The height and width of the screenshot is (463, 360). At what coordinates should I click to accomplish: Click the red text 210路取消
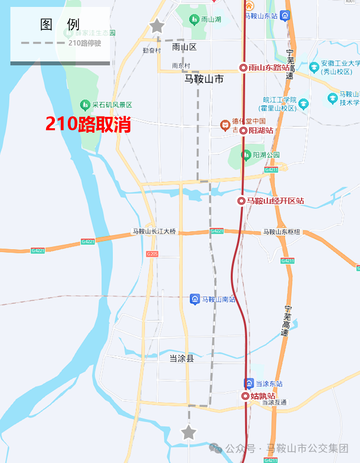pos(88,124)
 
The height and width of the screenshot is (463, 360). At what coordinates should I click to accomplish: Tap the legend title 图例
pos(59,25)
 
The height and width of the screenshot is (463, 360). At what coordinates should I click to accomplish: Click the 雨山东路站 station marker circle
pos(243,68)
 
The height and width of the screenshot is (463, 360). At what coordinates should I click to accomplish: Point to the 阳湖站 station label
pos(261,131)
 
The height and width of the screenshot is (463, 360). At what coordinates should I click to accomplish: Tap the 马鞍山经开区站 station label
pos(275,201)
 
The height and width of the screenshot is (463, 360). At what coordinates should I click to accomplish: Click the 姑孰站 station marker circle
pos(245,396)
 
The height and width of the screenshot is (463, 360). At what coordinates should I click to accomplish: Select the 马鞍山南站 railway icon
pos(195,299)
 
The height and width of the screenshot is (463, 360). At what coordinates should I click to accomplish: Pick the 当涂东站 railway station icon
pos(249,383)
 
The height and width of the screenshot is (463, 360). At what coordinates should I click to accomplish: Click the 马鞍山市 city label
pos(204,79)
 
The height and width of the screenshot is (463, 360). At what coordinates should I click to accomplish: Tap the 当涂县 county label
pos(181,358)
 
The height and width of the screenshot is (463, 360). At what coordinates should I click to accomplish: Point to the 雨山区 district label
pos(184,48)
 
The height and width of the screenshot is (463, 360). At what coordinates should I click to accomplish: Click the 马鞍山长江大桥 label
pos(154,231)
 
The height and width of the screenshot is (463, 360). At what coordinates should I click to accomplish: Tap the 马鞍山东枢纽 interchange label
pos(284,232)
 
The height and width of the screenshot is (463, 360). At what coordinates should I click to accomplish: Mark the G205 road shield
pos(153,254)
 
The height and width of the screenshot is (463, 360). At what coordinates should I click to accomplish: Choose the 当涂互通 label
pos(274,403)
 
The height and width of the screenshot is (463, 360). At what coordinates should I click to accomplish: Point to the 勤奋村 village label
pos(152,51)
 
